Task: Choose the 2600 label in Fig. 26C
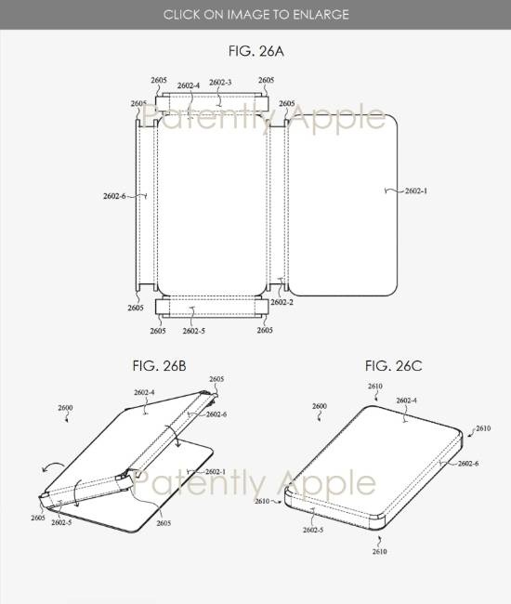[319, 406]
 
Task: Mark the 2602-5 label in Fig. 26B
[64, 523]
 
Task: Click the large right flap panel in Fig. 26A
[344, 200]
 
